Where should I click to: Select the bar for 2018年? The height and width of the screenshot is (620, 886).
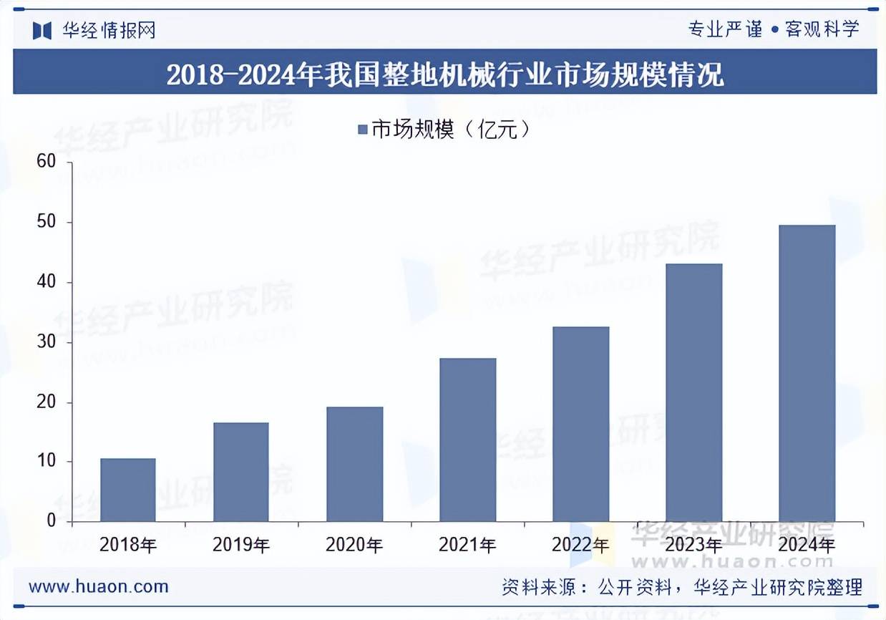tap(128, 490)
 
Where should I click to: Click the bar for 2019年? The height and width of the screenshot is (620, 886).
tap(241, 472)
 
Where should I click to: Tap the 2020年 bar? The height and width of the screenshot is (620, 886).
tap(354, 464)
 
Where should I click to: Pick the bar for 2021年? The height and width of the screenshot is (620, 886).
tap(467, 440)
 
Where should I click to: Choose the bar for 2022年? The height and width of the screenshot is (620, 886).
tap(580, 424)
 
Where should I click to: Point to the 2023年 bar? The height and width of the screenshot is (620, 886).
tap(693, 392)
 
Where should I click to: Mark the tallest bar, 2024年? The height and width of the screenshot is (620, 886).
tap(807, 373)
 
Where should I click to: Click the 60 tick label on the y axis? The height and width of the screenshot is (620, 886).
tap(47, 162)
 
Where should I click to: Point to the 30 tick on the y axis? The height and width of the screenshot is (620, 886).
tap(47, 342)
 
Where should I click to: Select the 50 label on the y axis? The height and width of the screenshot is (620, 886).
tap(47, 222)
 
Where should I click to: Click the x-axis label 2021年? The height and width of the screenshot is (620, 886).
tap(467, 545)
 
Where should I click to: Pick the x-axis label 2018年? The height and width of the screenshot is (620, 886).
tap(128, 545)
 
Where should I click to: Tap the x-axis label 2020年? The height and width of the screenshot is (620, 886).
tap(354, 545)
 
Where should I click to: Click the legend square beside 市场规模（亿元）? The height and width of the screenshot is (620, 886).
tap(363, 130)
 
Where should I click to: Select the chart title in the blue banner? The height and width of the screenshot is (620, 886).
tap(444, 74)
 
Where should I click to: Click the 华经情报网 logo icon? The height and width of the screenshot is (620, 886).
tap(42, 30)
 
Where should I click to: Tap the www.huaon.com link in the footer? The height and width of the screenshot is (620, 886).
tap(99, 587)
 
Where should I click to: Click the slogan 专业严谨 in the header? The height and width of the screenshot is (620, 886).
tap(725, 29)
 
